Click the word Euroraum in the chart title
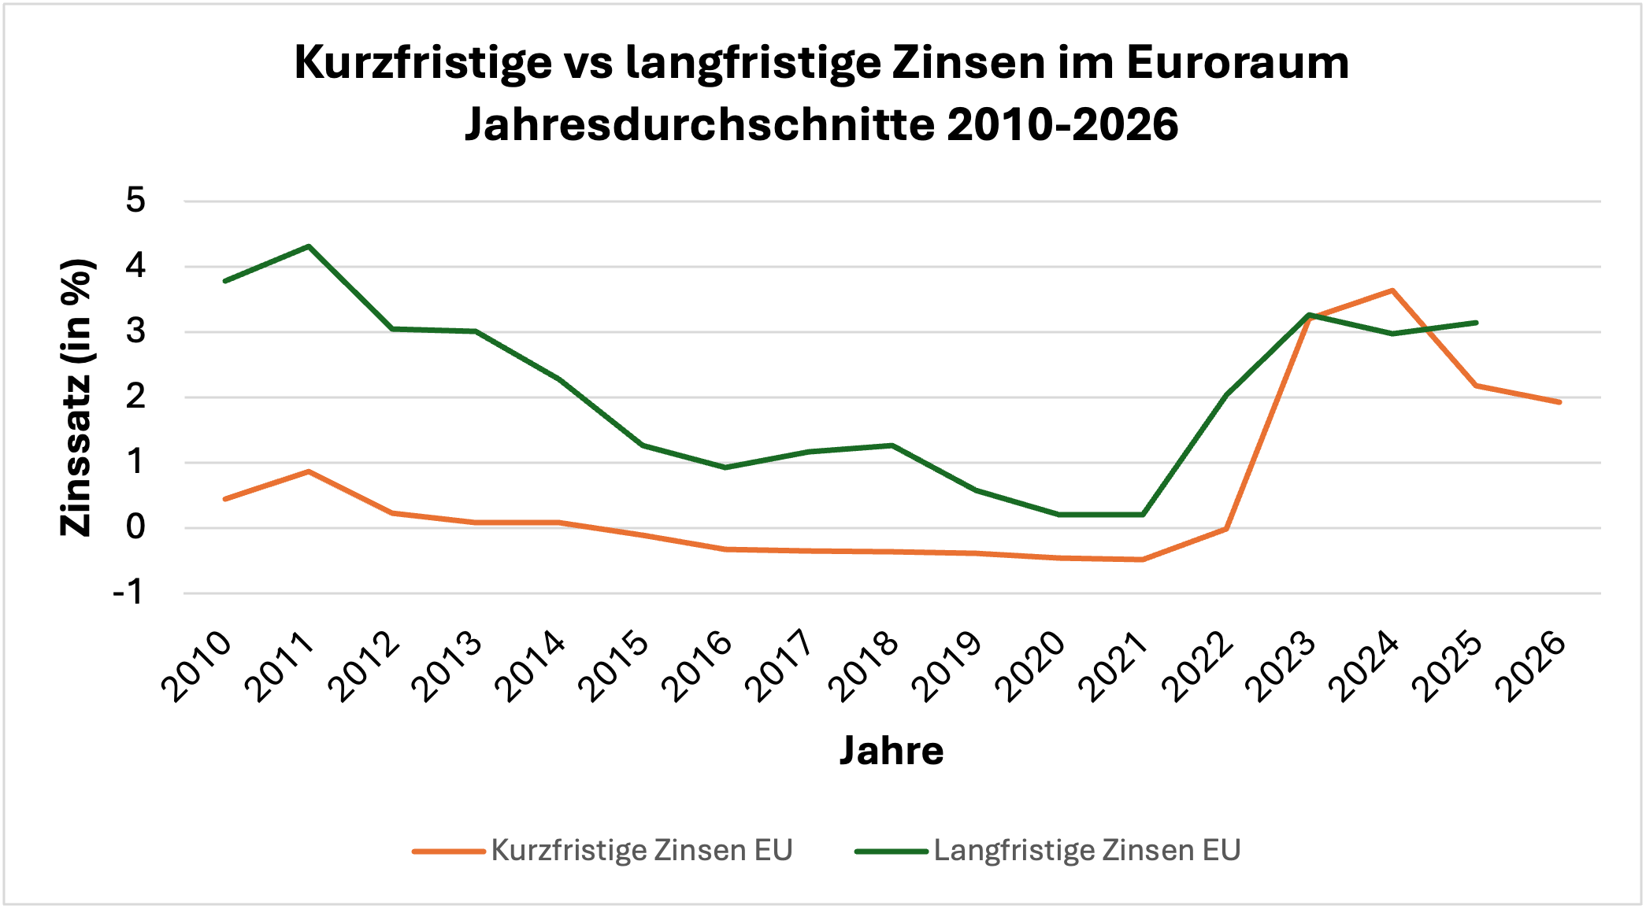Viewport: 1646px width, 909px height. (1237, 63)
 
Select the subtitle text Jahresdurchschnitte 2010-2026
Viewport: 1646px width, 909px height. (821, 124)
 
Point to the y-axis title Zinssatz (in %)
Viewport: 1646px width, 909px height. (77, 397)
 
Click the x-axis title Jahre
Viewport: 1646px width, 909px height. (891, 750)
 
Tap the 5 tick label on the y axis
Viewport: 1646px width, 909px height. (135, 201)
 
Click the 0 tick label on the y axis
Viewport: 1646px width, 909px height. (135, 527)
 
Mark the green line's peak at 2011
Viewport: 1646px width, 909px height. (309, 246)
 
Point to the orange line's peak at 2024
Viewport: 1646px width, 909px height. (1392, 290)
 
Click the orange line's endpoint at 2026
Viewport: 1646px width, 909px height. (1559, 402)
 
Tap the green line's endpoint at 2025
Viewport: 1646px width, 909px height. (1476, 323)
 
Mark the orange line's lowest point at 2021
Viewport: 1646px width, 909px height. (1142, 560)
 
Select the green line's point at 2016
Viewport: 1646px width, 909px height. (725, 467)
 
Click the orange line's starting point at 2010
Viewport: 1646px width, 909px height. (225, 499)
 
